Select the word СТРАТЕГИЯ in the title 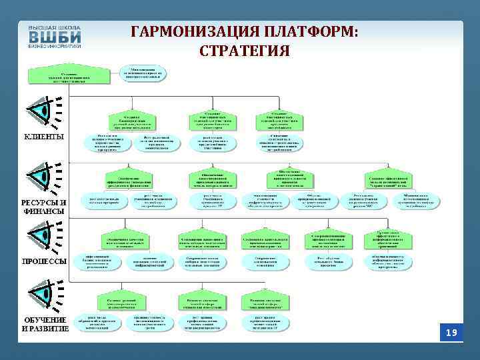[x=244, y=51]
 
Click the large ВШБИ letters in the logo [x=54, y=37]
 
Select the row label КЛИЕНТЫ [x=44, y=137]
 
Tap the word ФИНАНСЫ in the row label [x=44, y=211]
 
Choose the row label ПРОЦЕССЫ [x=44, y=261]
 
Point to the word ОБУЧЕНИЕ [x=45, y=320]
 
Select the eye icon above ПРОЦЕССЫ [x=41, y=235]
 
